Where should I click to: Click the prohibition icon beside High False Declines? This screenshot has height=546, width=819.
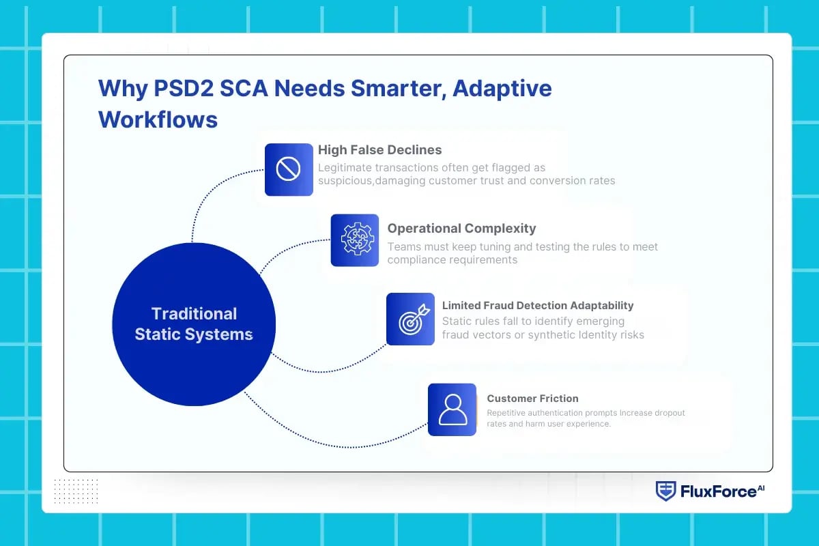pyautogui.click(x=289, y=169)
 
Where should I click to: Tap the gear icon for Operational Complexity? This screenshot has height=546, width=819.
pyautogui.click(x=355, y=240)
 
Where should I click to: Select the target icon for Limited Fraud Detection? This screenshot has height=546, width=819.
pyautogui.click(x=410, y=319)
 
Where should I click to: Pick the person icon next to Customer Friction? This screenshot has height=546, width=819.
pyautogui.click(x=452, y=409)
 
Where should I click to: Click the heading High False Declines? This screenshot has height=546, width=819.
pyautogui.click(x=379, y=150)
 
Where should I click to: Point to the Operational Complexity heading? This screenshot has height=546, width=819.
pyautogui.click(x=461, y=229)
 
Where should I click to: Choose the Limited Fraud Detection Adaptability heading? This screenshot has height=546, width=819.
pyautogui.click(x=538, y=306)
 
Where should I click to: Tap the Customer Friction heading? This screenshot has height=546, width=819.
pyautogui.click(x=532, y=399)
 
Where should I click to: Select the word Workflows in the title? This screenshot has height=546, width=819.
pyautogui.click(x=158, y=119)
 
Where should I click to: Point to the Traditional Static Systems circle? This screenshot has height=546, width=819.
pyautogui.click(x=194, y=324)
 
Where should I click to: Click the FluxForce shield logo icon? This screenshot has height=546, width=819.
pyautogui.click(x=665, y=491)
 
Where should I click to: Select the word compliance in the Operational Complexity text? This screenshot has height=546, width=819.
pyautogui.click(x=418, y=260)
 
